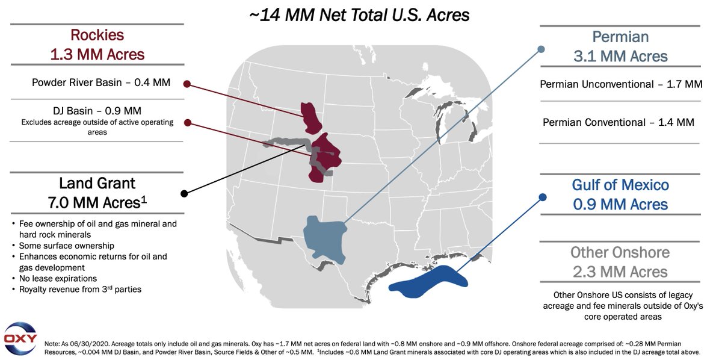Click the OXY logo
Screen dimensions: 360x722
point(20,338)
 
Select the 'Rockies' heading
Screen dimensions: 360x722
point(97,36)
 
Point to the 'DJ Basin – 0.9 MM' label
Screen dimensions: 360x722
point(97,110)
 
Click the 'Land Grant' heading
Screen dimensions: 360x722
point(97,183)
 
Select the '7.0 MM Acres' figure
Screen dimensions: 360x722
point(97,202)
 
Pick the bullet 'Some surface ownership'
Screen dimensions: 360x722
point(66,246)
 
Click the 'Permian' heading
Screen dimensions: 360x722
point(620,37)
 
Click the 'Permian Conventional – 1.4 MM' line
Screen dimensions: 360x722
point(618,122)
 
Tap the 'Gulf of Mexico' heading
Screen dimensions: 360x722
point(620,185)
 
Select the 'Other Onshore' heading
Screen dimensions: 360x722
point(620,252)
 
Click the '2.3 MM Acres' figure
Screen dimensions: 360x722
point(620,272)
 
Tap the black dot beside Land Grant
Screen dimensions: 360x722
point(184,194)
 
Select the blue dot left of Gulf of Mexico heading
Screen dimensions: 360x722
point(542,197)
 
